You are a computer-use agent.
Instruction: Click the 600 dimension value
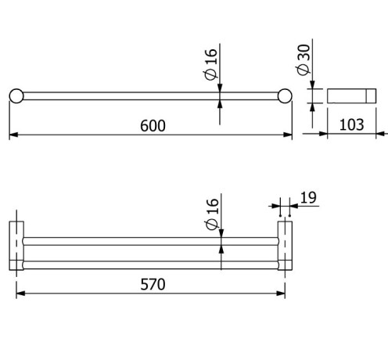point(153,126)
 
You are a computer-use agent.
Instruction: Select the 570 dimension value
point(153,284)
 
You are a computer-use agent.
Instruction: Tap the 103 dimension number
point(352,124)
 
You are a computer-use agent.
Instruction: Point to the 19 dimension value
point(307,200)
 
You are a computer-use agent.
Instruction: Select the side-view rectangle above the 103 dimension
point(351,97)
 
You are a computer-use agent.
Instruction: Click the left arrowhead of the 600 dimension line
point(13,136)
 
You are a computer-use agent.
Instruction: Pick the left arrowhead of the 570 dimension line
point(20,294)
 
